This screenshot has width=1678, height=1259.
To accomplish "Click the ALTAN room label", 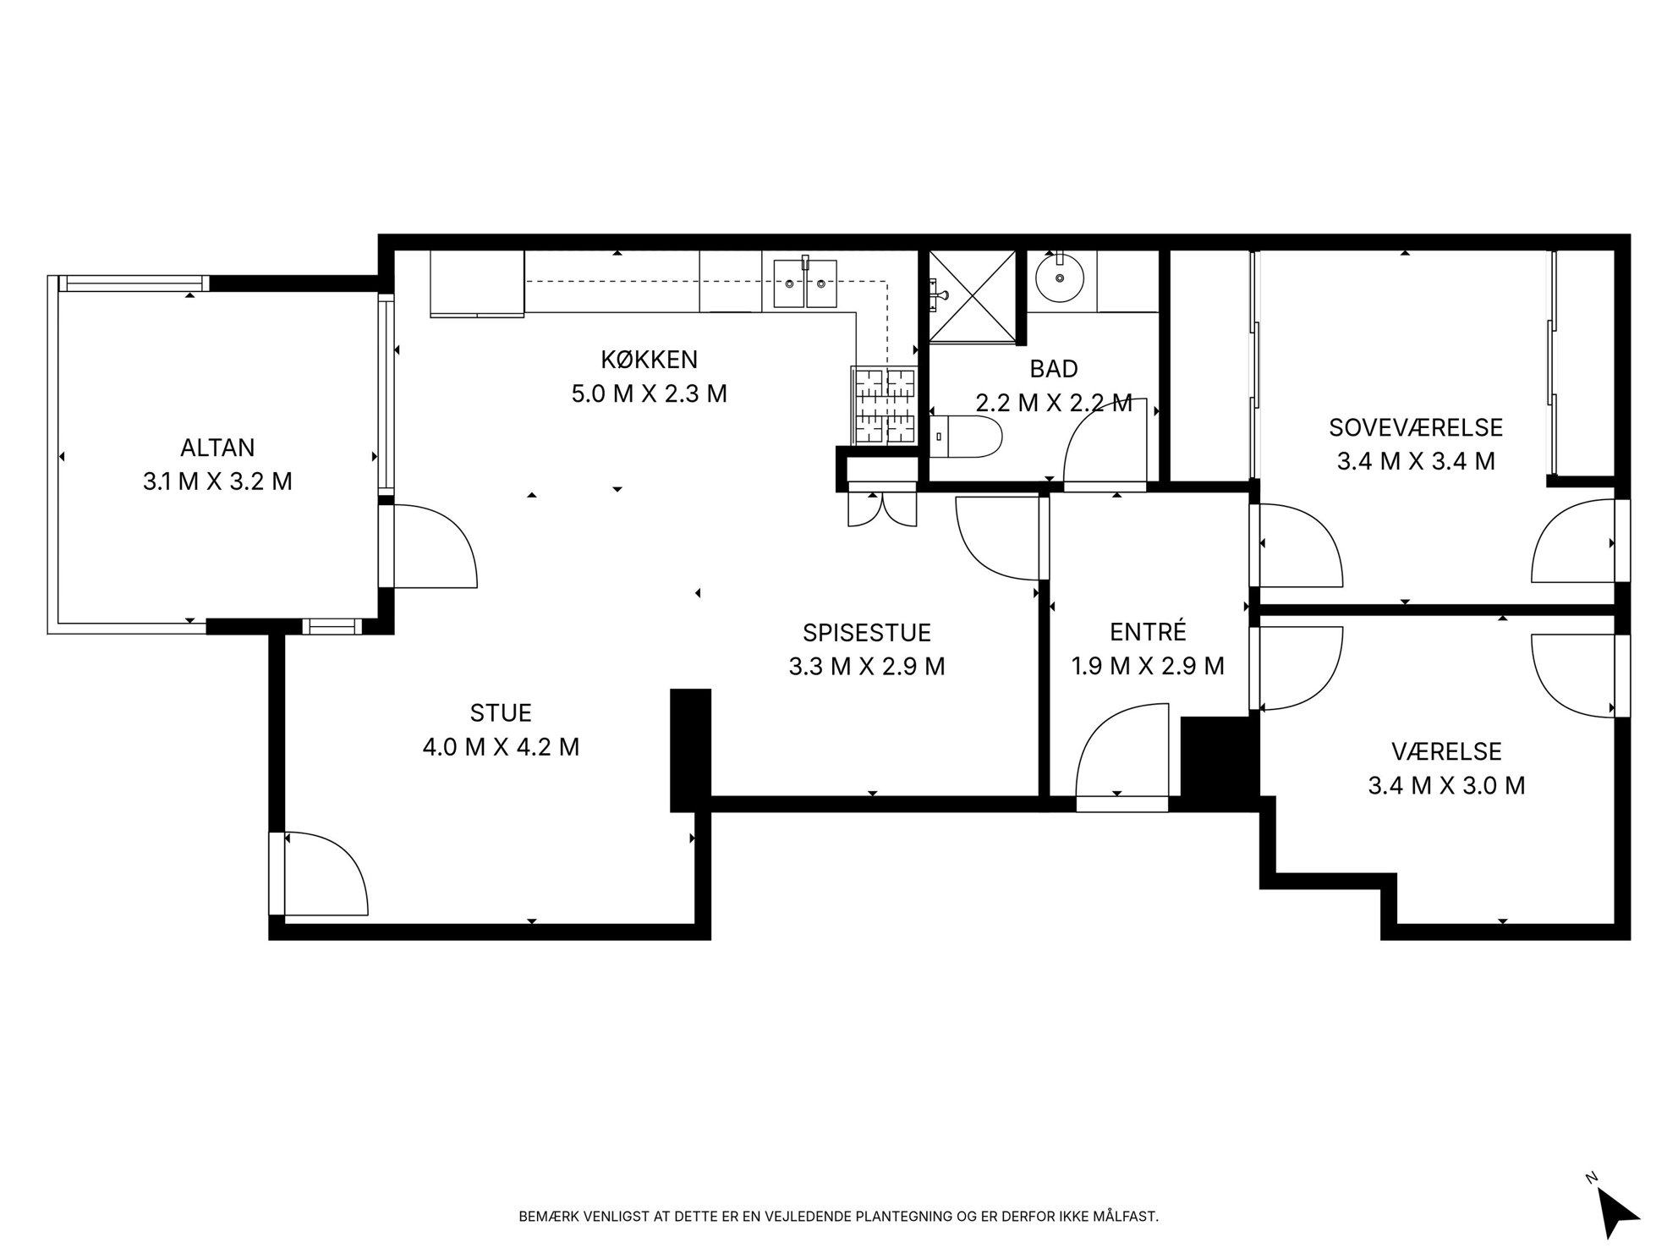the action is pos(217,447).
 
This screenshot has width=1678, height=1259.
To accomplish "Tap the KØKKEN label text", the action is pos(650,360).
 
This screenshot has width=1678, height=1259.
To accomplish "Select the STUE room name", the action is pos(501,713).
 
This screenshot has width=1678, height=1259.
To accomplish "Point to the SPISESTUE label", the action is pos(867,633).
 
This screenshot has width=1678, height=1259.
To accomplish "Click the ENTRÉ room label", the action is pos(1148,631).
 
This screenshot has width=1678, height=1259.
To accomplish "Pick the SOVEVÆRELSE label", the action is pos(1416,427).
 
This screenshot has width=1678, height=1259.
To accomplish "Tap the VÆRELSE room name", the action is pos(1446,751).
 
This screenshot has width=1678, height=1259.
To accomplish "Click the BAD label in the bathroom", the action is pos(1054,369).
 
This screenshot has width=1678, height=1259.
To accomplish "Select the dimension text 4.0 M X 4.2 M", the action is pos(501,747).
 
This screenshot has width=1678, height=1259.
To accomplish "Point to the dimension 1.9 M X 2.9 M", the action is pos(1148,667).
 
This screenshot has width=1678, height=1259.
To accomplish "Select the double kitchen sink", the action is pos(805,283).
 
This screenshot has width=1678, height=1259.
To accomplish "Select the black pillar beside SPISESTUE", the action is pos(691,750).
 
